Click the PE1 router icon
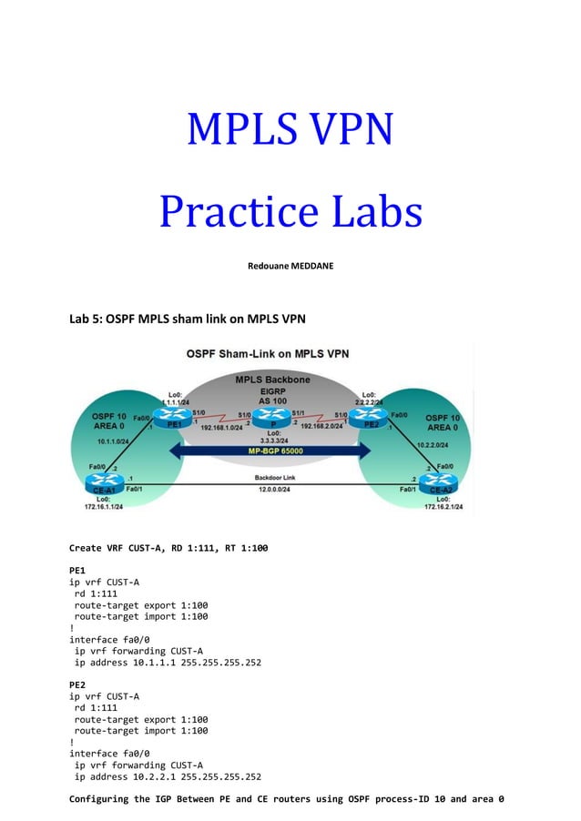pyautogui.click(x=170, y=418)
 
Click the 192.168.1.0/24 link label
pyautogui.click(x=219, y=426)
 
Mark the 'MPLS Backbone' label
pyautogui.click(x=272, y=379)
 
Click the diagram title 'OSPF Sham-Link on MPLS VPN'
pyautogui.click(x=268, y=354)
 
